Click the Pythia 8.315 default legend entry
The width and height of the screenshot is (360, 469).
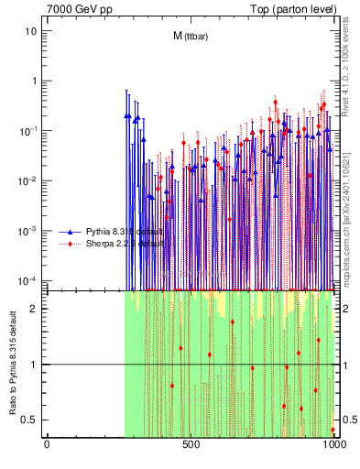[x=125, y=231]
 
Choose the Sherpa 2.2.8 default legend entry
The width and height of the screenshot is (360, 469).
[x=125, y=244]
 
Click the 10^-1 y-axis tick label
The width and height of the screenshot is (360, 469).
[x=29, y=130]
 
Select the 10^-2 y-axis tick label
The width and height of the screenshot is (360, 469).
[x=29, y=180]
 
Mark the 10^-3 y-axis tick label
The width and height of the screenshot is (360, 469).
[x=29, y=230]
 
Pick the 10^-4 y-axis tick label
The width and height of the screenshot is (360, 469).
[x=29, y=279]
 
